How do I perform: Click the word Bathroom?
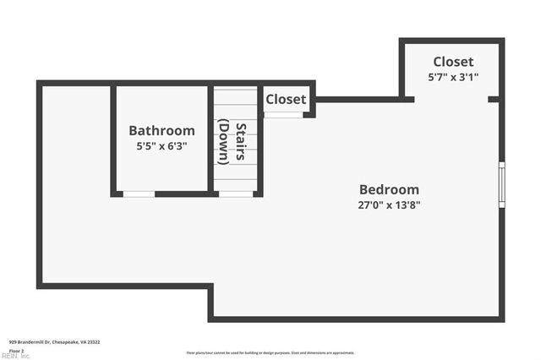pos(161,131)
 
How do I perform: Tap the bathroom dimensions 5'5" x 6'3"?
pos(161,146)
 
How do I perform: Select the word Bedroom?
pos(389,189)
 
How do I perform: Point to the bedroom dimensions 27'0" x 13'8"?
pos(389,205)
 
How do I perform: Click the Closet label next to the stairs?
pos(286,99)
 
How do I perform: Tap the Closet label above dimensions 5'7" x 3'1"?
pos(453,62)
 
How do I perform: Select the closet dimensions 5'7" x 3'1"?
pos(453,76)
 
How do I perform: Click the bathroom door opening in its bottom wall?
pos(139,194)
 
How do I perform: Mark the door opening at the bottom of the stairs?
pos(236,194)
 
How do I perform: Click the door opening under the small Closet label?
pos(283,115)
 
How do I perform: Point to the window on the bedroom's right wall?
pos(501,184)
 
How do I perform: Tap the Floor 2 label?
pos(16,350)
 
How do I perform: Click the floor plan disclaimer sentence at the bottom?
pos(270,353)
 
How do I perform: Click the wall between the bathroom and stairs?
pos(210,139)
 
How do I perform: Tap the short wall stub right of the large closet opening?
pos(494,99)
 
